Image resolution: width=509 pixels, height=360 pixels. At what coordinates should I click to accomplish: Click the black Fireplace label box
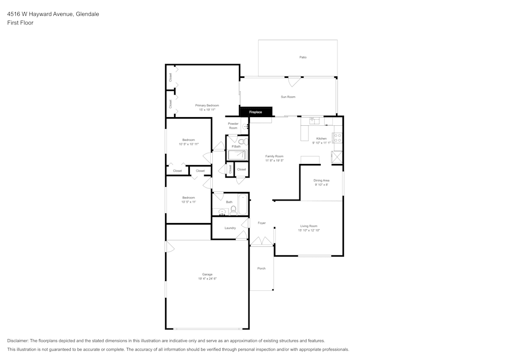(256, 112)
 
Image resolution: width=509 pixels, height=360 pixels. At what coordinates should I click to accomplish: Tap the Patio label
(303, 58)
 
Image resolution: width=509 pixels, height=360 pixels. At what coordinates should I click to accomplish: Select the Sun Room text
(288, 97)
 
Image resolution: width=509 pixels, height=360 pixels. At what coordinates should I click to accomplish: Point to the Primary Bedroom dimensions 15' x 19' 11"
(207, 109)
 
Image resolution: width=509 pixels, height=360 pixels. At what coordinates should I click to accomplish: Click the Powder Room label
(233, 126)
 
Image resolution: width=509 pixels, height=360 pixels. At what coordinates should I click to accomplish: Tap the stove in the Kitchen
(337, 137)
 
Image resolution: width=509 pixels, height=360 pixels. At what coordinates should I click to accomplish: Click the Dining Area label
(321, 180)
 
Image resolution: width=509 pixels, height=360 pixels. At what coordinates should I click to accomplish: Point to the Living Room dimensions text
(309, 230)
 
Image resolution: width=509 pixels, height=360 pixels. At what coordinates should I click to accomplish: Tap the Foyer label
(262, 223)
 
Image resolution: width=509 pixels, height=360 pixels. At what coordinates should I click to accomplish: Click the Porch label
(261, 268)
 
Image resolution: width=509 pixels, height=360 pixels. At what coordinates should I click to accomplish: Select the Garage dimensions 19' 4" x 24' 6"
(207, 279)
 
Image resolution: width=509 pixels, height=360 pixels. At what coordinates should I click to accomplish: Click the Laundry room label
(230, 228)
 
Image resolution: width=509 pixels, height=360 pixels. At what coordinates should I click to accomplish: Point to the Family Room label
(274, 156)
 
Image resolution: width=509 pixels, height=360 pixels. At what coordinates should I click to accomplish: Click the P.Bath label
(236, 147)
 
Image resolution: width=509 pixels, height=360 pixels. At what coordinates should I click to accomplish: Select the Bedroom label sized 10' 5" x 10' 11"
(189, 140)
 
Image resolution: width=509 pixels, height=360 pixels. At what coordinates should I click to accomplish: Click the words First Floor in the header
(20, 23)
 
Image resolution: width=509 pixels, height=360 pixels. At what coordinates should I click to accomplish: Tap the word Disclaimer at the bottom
(18, 341)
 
